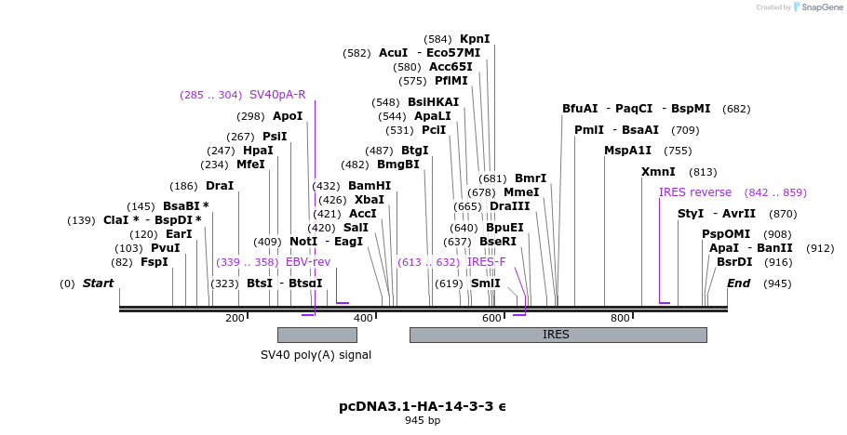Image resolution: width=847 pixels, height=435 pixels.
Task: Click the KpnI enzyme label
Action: (475, 39)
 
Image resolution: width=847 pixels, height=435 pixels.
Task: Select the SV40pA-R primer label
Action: (277, 95)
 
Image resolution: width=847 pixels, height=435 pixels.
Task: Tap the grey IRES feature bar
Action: (557, 335)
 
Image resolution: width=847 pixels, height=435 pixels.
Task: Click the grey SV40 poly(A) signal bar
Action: (316, 335)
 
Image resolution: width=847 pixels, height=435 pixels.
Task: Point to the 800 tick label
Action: (620, 319)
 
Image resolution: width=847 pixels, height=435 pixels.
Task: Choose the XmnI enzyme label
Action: (658, 172)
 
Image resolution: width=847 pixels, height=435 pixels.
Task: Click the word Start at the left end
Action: (99, 283)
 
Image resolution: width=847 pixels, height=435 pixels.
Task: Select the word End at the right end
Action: (738, 283)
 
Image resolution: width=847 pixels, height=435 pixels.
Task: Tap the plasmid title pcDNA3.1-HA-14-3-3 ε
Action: (423, 406)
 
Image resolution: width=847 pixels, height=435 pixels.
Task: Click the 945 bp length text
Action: (423, 421)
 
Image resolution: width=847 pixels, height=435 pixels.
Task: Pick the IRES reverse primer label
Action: (695, 192)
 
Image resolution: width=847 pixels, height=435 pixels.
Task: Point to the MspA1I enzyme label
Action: (628, 151)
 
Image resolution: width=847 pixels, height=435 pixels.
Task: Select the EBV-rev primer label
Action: (308, 262)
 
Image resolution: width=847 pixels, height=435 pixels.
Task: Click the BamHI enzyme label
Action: (370, 186)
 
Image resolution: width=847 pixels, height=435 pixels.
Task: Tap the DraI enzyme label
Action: (220, 186)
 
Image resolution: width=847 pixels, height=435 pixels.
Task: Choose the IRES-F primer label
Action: (486, 262)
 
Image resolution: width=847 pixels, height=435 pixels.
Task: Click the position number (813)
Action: (703, 172)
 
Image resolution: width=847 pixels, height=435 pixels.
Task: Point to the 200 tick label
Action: (235, 319)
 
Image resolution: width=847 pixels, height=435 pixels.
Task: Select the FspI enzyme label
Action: (155, 262)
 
